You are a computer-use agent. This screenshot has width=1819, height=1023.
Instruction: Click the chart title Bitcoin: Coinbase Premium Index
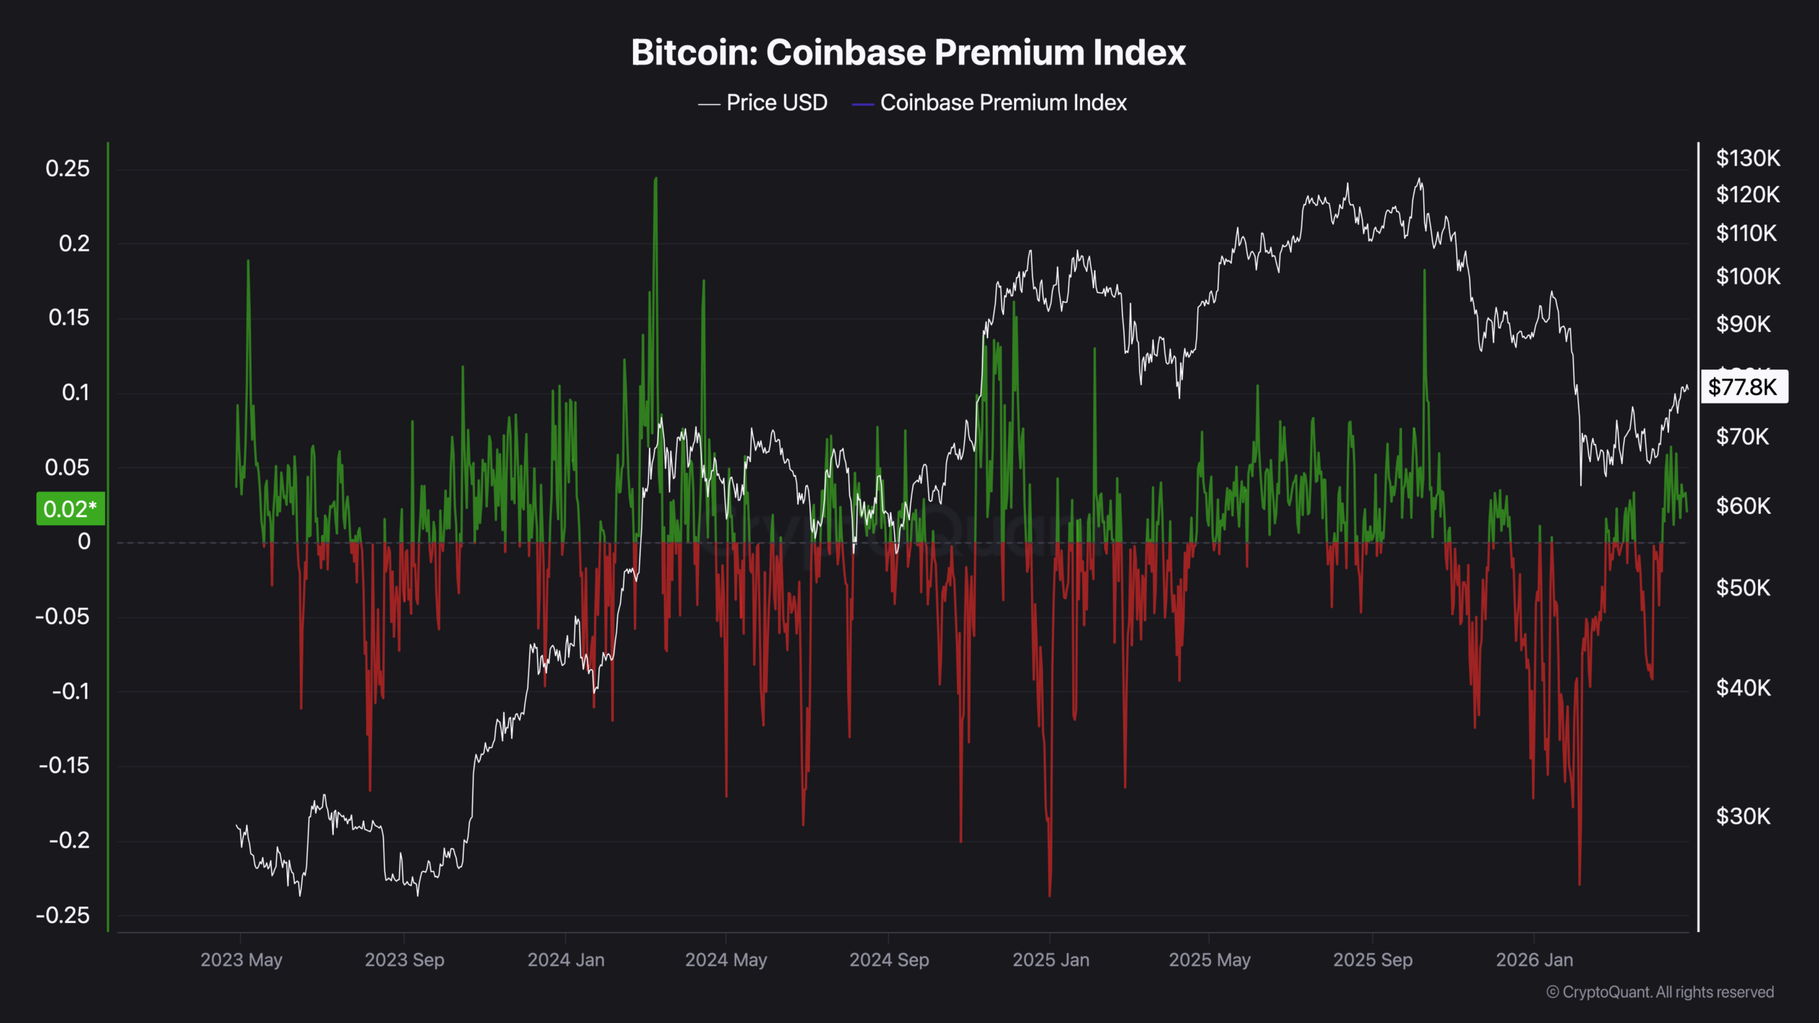[x=908, y=53]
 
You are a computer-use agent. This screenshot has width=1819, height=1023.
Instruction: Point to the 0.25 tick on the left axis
[x=68, y=168]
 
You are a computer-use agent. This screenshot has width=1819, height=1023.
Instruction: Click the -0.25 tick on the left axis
[x=63, y=915]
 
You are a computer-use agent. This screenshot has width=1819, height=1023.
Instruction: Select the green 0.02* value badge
[x=70, y=509]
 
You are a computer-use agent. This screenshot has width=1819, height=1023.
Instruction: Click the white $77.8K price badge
[x=1743, y=387]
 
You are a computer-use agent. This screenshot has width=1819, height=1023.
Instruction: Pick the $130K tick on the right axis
[x=1747, y=158]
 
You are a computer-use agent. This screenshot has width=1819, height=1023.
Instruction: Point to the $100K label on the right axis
[x=1747, y=276]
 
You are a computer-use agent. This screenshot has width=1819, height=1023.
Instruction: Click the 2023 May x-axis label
[x=241, y=960]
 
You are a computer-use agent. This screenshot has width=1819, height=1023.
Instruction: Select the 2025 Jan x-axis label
[x=1050, y=960]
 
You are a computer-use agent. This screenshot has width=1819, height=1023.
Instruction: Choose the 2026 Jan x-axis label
[x=1534, y=960]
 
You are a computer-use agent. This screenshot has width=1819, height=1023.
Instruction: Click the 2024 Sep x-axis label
[x=889, y=960]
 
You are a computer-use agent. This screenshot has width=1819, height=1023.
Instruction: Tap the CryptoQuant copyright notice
[x=1660, y=992]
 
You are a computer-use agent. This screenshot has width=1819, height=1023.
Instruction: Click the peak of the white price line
[x=1420, y=180]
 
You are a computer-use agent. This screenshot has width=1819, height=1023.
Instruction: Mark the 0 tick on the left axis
[x=84, y=541]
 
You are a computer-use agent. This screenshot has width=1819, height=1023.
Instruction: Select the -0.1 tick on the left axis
[x=71, y=691]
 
